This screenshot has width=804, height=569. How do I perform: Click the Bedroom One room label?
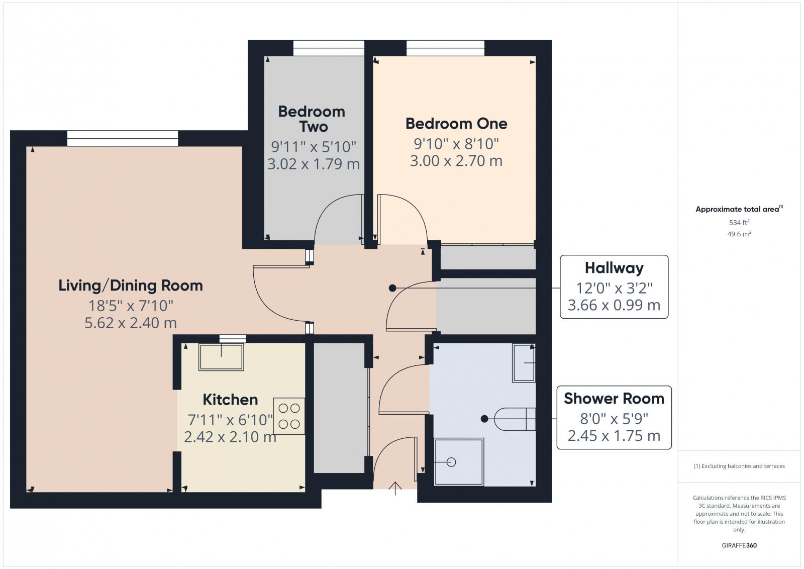pos(456,124)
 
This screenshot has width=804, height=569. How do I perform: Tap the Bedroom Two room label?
pos(312,119)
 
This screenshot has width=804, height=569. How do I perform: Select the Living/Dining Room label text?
pos(131,286)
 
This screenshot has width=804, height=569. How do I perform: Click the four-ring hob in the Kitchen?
pos(289,416)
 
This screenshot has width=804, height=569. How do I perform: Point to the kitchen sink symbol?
pos(221,357)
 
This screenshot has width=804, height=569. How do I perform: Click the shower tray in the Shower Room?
pos(459,461)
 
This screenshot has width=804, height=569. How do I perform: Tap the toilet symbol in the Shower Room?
pos(515,419)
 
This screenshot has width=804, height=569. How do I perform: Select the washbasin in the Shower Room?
pos(524,363)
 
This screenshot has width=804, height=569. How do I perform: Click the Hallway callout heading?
pos(614,268)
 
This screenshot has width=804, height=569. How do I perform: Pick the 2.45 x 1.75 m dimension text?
pos(614,436)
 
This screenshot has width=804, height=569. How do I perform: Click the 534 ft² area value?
pos(739,222)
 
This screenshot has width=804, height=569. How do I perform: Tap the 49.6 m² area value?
pos(739,234)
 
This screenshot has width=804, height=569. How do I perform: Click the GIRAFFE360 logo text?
pos(739,545)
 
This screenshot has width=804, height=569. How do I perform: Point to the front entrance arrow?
pos(395,488)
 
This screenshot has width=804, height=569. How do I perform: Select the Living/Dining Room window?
pos(122,138)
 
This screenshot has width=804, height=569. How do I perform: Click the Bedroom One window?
pos(445,48)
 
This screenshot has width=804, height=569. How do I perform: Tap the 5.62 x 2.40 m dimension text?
pos(131,323)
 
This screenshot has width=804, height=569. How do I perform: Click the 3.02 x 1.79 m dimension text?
pos(313,164)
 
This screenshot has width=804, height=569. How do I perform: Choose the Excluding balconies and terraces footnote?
pos(739,466)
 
